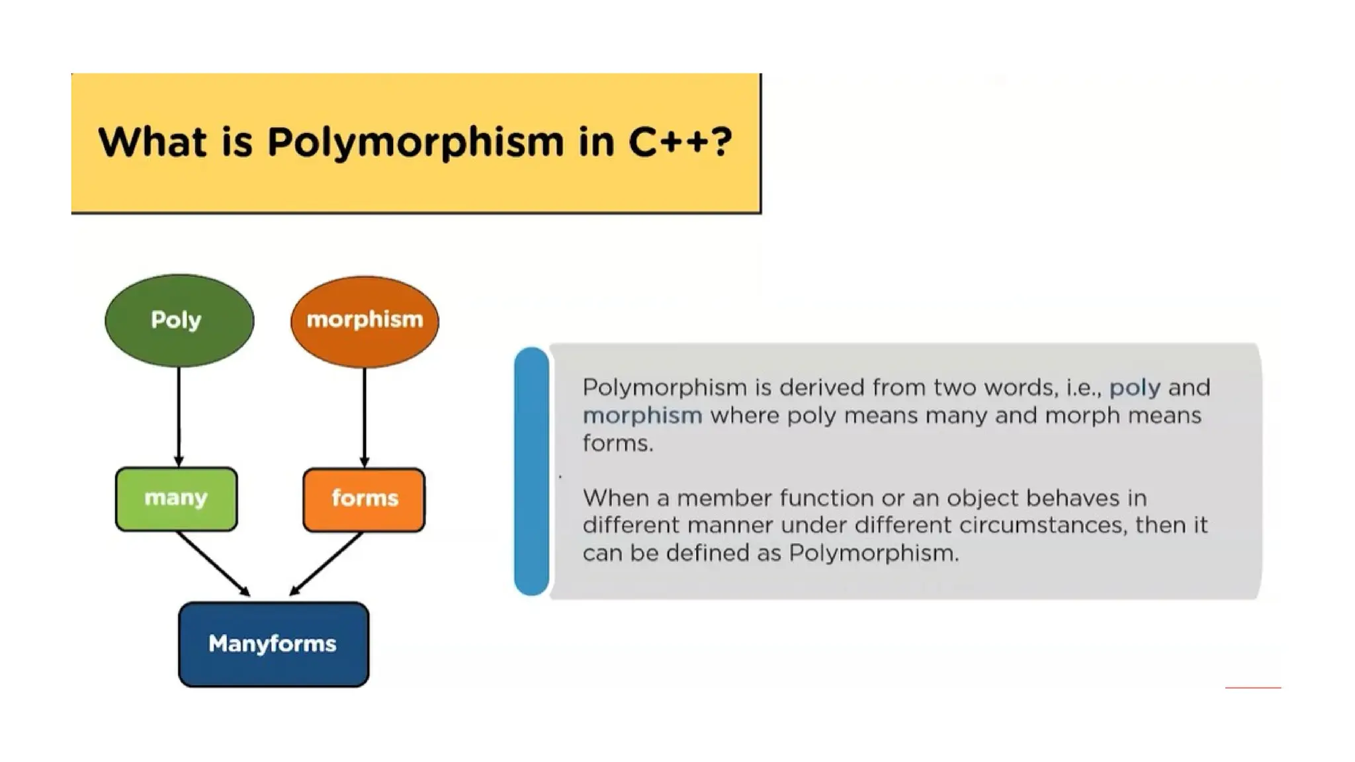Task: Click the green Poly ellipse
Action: point(179,321)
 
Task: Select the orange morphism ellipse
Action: point(365,321)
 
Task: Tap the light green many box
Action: point(176,499)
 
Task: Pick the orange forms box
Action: point(364,499)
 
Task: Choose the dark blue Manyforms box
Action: point(273,644)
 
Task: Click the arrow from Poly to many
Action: point(179,417)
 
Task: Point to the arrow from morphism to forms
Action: point(365,417)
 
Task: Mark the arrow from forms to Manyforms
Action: point(327,563)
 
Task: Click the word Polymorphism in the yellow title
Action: point(415,142)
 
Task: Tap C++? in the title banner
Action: point(680,142)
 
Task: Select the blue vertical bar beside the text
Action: point(531,471)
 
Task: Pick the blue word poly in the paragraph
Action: point(1135,388)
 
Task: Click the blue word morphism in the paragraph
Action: point(642,415)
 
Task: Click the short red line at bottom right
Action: point(1252,688)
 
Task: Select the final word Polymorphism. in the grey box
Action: point(873,553)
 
